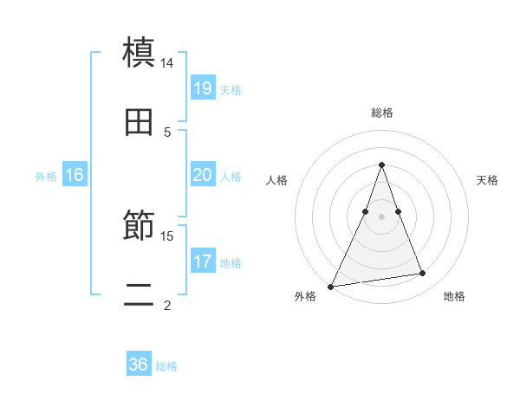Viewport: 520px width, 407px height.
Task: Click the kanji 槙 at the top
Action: tap(139, 52)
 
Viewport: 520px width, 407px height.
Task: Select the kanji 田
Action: tap(139, 122)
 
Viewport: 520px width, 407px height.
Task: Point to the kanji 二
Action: tap(139, 294)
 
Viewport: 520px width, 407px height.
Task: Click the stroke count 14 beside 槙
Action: tap(167, 63)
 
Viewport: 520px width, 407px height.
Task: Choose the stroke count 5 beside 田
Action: tap(167, 132)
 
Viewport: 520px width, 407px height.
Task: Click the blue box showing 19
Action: tap(202, 87)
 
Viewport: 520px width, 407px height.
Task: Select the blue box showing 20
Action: tap(202, 175)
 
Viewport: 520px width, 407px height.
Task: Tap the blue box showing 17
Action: tap(202, 261)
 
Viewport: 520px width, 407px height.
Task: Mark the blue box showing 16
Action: tap(75, 175)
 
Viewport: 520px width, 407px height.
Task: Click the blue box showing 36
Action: tap(139, 365)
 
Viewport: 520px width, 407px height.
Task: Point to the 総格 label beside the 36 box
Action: tap(167, 366)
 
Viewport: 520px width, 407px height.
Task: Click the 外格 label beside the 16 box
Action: tap(46, 177)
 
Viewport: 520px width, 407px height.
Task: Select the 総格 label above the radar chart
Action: tap(382, 113)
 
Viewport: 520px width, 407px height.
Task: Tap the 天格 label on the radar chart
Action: tap(488, 180)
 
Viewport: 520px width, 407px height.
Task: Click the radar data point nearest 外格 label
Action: tap(330, 287)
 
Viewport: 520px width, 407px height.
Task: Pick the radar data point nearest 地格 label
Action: tap(423, 274)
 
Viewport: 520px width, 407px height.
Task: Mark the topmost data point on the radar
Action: tap(381, 165)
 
